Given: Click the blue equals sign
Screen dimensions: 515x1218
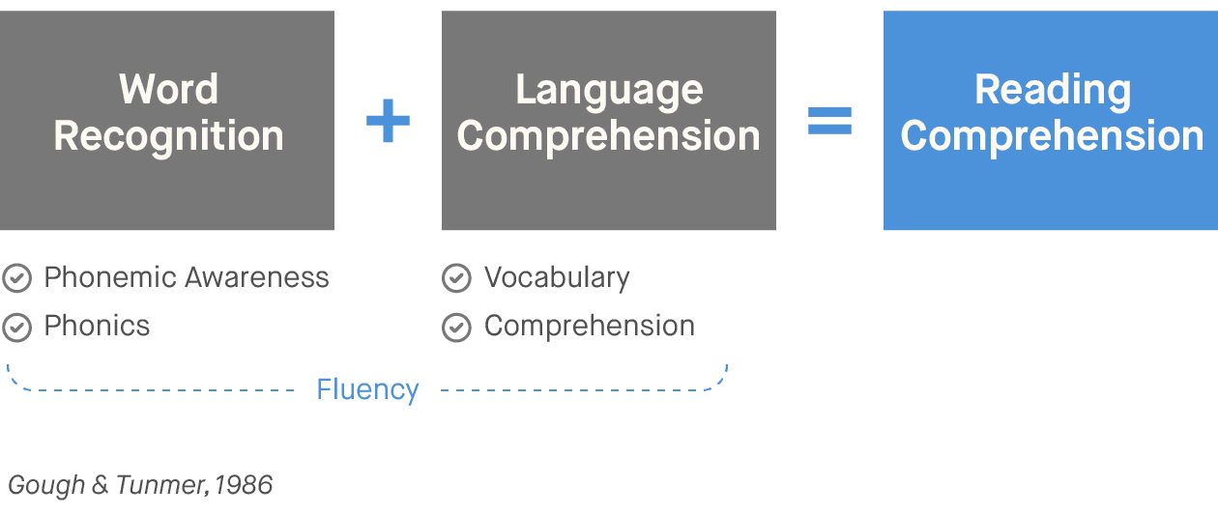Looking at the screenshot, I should [x=829, y=121].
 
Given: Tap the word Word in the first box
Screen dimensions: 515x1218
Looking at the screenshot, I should [x=168, y=90].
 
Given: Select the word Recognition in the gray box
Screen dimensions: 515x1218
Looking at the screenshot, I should [x=168, y=136].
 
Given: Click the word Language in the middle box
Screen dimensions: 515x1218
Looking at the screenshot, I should [x=609, y=90].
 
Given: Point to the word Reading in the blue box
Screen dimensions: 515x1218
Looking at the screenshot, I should [x=1052, y=90].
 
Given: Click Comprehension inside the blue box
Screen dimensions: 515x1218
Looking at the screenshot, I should [x=1052, y=136].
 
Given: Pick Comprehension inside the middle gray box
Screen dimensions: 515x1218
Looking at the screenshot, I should [x=609, y=136].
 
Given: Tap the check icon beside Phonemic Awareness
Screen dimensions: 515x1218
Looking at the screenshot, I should [x=16, y=279].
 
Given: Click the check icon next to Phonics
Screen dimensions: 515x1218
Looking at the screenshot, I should [x=16, y=328].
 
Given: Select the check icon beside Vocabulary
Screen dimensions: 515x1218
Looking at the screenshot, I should [x=456, y=279].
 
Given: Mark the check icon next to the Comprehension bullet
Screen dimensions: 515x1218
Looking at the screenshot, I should [x=456, y=328].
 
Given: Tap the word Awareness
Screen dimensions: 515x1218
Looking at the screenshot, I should [x=258, y=278].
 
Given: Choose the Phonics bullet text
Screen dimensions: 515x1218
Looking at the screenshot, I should [x=97, y=327].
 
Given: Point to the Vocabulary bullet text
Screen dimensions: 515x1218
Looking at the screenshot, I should [x=557, y=278].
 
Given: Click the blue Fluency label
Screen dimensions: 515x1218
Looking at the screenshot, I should [x=367, y=390].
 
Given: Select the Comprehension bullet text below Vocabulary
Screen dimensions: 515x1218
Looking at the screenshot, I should [x=590, y=327].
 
